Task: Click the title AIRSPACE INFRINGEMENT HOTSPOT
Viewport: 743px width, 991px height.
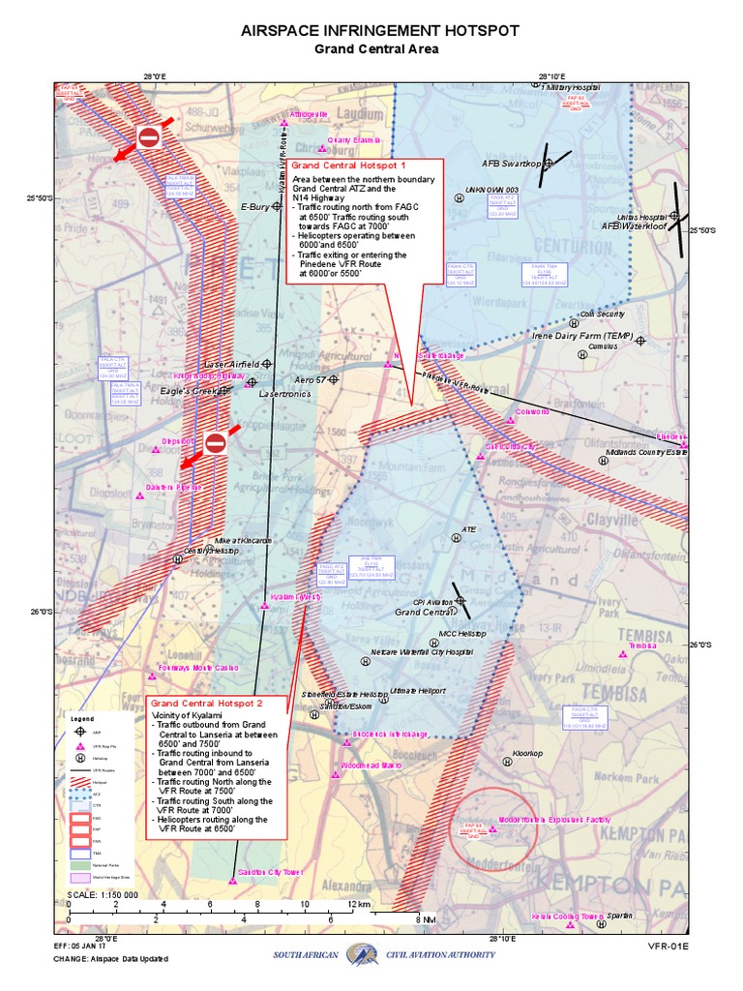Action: pos(372,31)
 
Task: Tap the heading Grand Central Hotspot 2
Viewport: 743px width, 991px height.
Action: pos(207,703)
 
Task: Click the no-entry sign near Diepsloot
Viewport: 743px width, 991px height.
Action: pos(215,443)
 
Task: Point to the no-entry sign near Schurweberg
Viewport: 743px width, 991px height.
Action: pos(148,137)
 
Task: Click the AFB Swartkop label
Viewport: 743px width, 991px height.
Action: pos(511,164)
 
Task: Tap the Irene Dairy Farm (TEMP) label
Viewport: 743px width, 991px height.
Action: pos(581,336)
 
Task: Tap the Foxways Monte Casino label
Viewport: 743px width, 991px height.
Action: pos(198,669)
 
